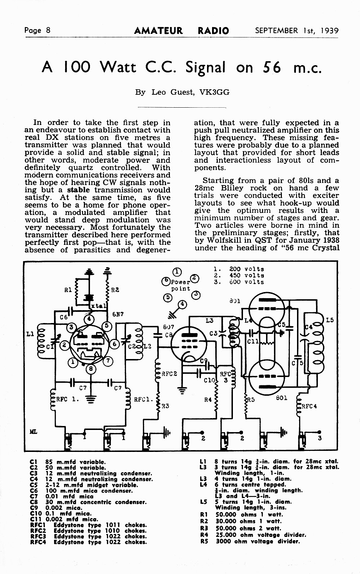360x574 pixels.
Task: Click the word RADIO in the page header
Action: click(x=213, y=31)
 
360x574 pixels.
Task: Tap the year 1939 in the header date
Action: click(x=329, y=31)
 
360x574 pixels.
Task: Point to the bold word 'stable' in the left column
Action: click(x=78, y=190)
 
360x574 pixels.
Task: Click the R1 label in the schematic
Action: click(x=68, y=290)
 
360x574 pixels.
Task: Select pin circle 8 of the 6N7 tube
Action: click(x=91, y=369)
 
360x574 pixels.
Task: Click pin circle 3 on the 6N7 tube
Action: click(x=71, y=327)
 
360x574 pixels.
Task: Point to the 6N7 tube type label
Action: click(x=118, y=314)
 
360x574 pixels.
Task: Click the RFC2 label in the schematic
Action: click(x=169, y=374)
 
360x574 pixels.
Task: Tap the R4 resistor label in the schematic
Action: click(x=208, y=400)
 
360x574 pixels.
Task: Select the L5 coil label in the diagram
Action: click(x=330, y=320)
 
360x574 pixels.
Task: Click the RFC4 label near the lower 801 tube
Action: click(x=309, y=406)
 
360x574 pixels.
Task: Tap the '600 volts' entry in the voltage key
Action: click(x=247, y=282)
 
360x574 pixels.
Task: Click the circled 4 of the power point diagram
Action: click(x=182, y=304)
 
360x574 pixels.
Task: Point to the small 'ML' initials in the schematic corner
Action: click(x=33, y=432)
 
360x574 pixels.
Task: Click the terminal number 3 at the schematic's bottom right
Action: click(x=320, y=438)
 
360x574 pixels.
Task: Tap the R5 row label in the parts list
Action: click(x=204, y=542)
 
